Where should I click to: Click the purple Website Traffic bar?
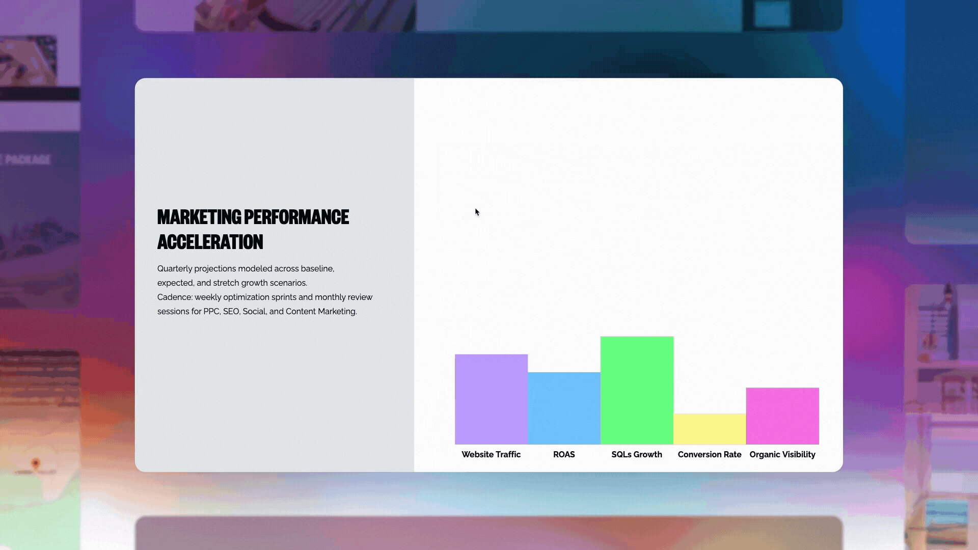(x=491, y=399)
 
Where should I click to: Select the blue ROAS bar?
(x=564, y=408)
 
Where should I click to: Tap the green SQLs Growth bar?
(x=637, y=390)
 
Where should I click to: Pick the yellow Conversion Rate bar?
(x=710, y=429)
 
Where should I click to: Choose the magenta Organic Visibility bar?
(x=782, y=416)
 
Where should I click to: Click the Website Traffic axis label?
(x=491, y=454)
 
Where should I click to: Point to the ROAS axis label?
(x=564, y=454)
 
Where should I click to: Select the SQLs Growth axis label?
(x=637, y=454)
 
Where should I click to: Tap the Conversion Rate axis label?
(x=710, y=454)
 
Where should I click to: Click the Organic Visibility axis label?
(x=782, y=454)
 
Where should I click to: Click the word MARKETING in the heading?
(x=199, y=217)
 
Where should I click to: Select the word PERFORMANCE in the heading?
(x=296, y=217)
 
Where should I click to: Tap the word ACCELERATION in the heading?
(x=210, y=242)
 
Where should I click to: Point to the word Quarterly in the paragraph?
(x=175, y=268)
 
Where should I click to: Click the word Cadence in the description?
(x=174, y=297)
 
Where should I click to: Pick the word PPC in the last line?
(x=211, y=311)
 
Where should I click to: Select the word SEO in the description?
(x=231, y=311)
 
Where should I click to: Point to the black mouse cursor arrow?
(x=477, y=212)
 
